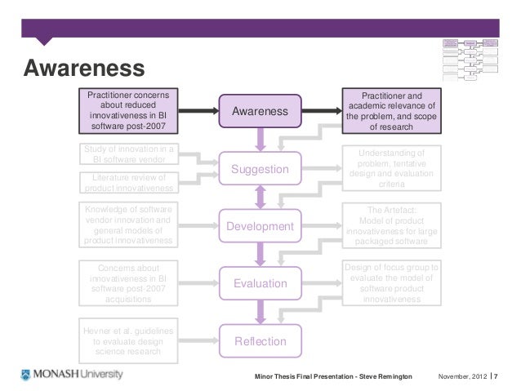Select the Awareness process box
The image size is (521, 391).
tap(260, 111)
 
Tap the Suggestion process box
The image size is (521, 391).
tap(260, 169)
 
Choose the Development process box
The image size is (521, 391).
tap(260, 224)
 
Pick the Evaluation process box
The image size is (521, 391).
tap(260, 283)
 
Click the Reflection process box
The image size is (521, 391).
tap(260, 340)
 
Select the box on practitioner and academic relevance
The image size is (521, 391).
tap(391, 110)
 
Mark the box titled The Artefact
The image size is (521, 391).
tap(391, 224)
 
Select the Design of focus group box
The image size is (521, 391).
tap(391, 283)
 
